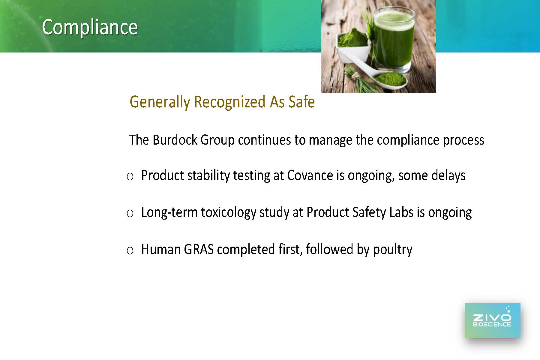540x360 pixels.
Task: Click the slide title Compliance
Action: point(90,27)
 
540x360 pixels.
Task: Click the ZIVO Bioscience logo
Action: point(492,320)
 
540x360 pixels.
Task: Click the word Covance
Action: point(310,175)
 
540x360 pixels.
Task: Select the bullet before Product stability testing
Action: point(130,177)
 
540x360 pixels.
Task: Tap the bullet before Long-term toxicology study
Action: point(130,214)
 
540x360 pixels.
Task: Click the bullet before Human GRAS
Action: point(130,250)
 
